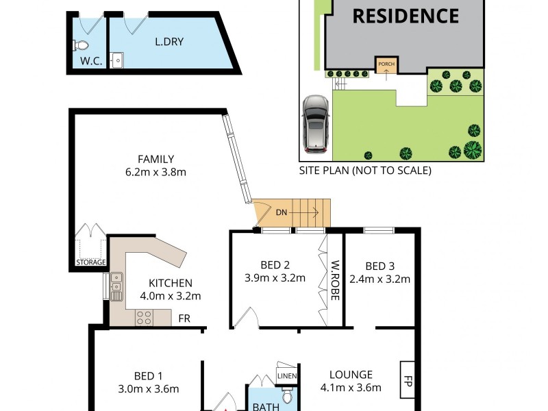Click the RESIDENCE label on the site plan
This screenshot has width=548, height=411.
click(x=406, y=15)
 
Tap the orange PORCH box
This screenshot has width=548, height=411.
click(x=386, y=66)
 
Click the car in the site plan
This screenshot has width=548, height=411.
click(x=315, y=123)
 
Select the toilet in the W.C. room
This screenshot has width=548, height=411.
click(x=81, y=46)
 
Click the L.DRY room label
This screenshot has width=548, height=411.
click(x=169, y=41)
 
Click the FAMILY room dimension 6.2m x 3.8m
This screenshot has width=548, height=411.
click(x=156, y=173)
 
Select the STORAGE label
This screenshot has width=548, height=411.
click(x=90, y=262)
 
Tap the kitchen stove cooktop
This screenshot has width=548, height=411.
click(x=144, y=317)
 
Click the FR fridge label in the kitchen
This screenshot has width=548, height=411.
click(x=184, y=319)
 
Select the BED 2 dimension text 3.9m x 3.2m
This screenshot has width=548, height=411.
click(x=275, y=278)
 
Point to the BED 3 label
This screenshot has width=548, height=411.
click(x=380, y=266)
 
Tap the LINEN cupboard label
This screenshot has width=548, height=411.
click(x=286, y=375)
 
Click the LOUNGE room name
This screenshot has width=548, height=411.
click(x=351, y=375)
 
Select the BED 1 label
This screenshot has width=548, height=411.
click(x=149, y=376)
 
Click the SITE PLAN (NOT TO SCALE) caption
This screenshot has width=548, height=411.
click(x=365, y=171)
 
